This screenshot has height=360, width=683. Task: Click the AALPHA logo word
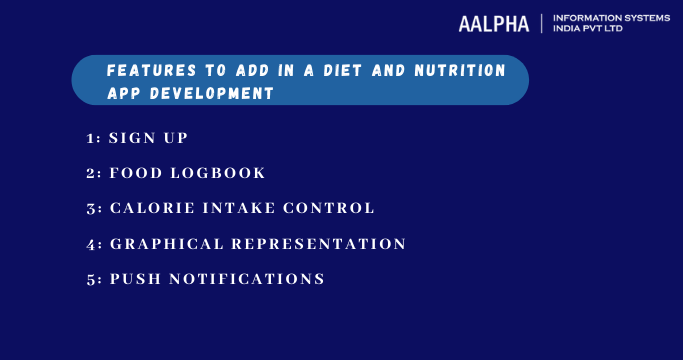(496, 23)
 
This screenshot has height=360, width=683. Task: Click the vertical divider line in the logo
(541, 23)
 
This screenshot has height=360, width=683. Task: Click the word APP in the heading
(125, 93)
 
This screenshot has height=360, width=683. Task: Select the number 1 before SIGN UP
(91, 137)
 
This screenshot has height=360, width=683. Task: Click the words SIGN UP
(148, 137)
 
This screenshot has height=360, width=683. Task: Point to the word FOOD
(135, 173)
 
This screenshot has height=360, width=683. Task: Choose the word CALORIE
(151, 208)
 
